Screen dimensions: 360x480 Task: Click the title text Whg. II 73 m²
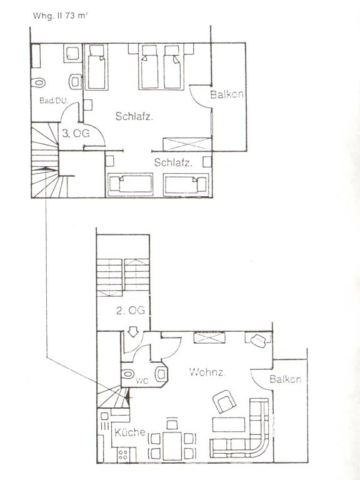pyautogui.click(x=60, y=16)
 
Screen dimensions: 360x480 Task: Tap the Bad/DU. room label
pyautogui.click(x=54, y=101)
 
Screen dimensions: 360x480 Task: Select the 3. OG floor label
pyautogui.click(x=76, y=134)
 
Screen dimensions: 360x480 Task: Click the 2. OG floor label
pyautogui.click(x=130, y=311)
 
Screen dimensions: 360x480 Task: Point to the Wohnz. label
pyautogui.click(x=207, y=372)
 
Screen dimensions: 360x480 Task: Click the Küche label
pyautogui.click(x=130, y=432)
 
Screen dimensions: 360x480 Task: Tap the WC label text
pyautogui.click(x=142, y=381)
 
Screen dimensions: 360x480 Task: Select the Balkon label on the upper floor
pyautogui.click(x=227, y=94)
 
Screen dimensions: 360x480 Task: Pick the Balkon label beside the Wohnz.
pyautogui.click(x=285, y=379)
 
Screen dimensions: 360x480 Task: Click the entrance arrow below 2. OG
pyautogui.click(x=133, y=331)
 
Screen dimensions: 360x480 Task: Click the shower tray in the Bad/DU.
pyautogui.click(x=73, y=53)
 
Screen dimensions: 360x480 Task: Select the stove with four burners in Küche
pyautogui.click(x=123, y=454)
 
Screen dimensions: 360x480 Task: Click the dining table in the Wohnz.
pyautogui.click(x=172, y=446)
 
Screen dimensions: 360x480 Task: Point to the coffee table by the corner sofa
pyautogui.click(x=229, y=424)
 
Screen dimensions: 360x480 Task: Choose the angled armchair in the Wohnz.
pyautogui.click(x=224, y=402)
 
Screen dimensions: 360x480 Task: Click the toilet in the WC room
pyautogui.click(x=127, y=374)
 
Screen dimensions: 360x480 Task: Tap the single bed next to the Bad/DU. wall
pyautogui.click(x=96, y=67)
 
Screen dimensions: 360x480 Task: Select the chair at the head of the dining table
pyautogui.click(x=172, y=424)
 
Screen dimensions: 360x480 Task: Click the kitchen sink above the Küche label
pyautogui.click(x=104, y=416)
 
